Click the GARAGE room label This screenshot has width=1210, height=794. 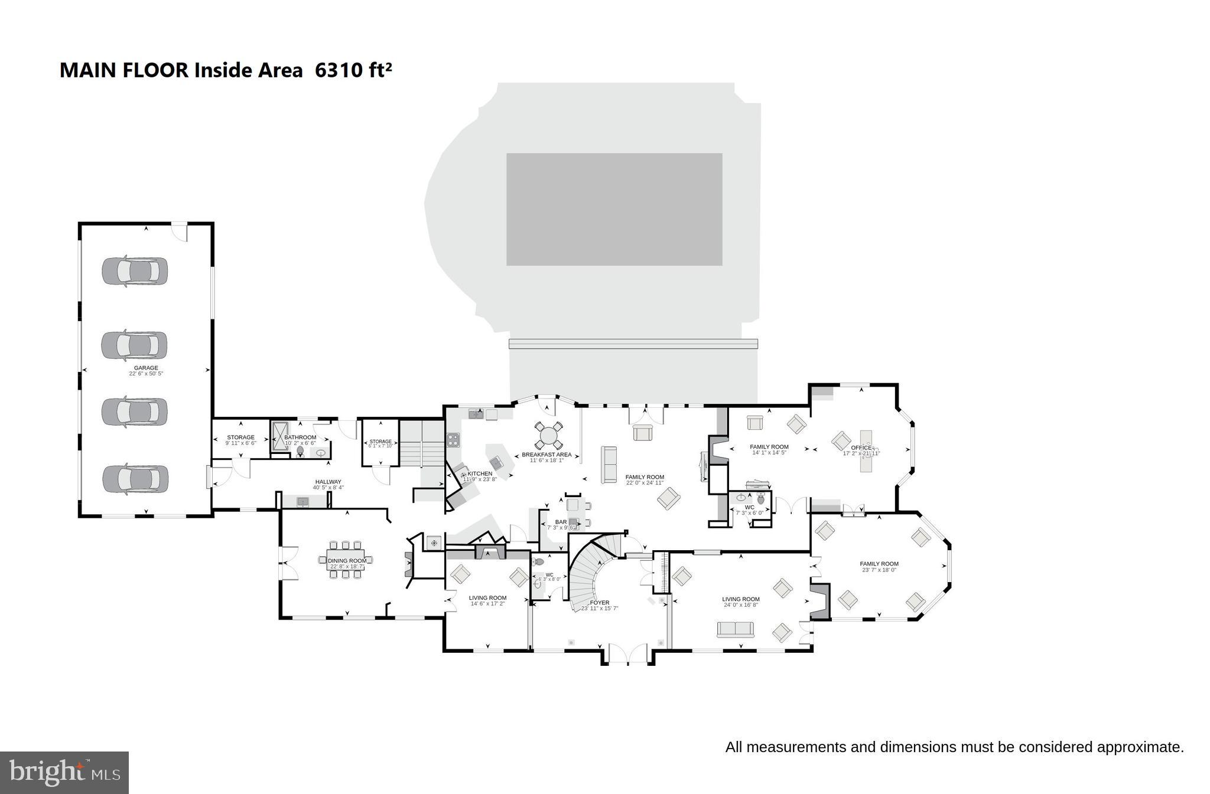tap(146, 368)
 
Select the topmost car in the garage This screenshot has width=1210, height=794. tap(135, 271)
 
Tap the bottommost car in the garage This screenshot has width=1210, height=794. tap(135, 479)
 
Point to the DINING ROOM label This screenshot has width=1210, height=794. tap(347, 561)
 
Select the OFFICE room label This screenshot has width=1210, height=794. tap(861, 448)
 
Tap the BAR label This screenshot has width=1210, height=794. tap(561, 522)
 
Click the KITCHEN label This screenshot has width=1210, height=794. tap(480, 473)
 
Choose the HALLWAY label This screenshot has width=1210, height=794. tap(328, 482)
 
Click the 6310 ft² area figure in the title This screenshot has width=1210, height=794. tap(353, 70)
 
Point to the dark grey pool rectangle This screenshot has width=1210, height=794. tap(614, 210)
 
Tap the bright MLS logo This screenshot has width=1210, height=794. tap(64, 773)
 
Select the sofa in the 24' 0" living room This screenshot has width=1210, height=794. tap(736, 629)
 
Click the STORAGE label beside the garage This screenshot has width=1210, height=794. tap(240, 437)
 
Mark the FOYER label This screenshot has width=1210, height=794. tap(600, 603)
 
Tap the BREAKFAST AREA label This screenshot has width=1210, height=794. tap(547, 455)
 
